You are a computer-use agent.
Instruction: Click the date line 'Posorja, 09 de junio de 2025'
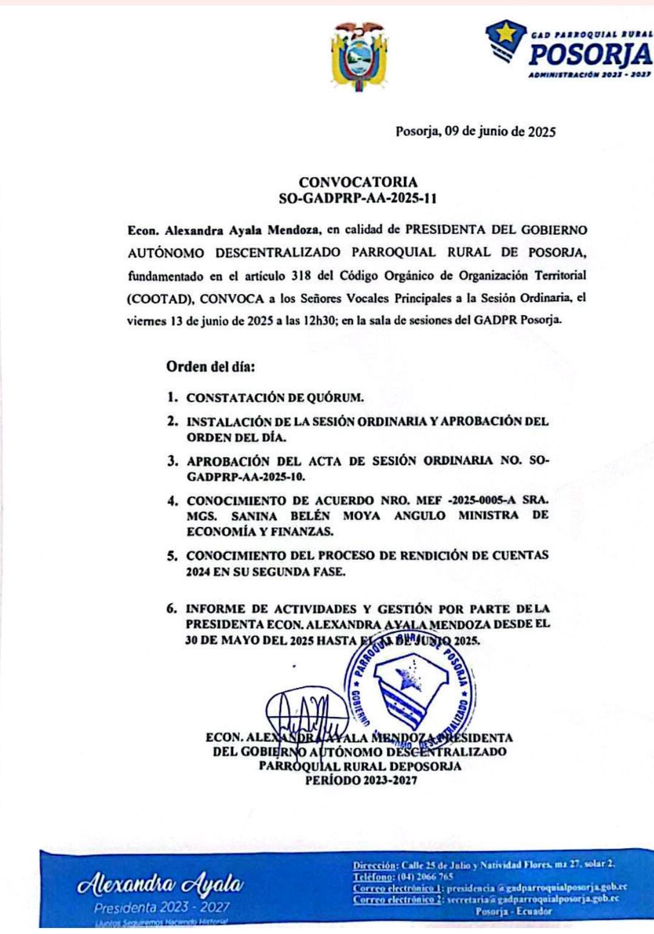click(x=475, y=131)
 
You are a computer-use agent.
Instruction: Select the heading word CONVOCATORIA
click(x=358, y=182)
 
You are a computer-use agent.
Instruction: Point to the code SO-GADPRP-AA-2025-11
click(x=358, y=198)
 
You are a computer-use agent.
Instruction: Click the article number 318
click(x=301, y=276)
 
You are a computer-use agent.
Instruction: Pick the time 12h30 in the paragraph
click(x=320, y=321)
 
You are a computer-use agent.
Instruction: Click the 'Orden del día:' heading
click(x=211, y=367)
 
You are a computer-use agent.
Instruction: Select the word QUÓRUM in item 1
click(x=335, y=398)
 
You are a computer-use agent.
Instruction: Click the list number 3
click(x=173, y=461)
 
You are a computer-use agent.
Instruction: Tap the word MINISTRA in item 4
click(x=488, y=515)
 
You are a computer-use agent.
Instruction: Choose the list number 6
click(x=172, y=609)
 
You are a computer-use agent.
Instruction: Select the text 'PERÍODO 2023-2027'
click(x=361, y=780)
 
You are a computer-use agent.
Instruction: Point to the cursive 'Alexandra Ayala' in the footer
click(x=160, y=886)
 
